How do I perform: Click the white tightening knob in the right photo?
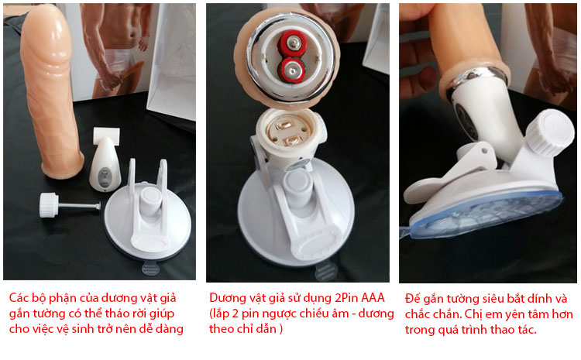pyautogui.click(x=552, y=132)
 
